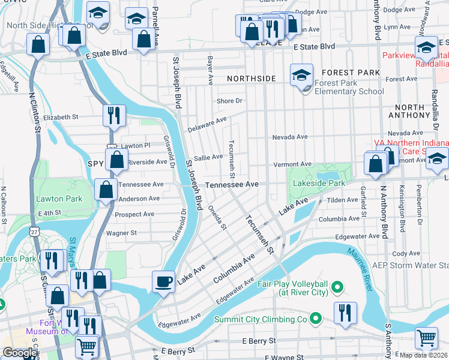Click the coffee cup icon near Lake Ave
coord(163,281)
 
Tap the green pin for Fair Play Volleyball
coord(337,288)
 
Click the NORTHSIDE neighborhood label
coord(251,79)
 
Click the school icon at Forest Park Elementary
coord(301,76)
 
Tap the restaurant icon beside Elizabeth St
coord(113,115)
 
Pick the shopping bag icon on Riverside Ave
coord(116,160)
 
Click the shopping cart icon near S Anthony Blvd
coord(426,337)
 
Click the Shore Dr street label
coord(229,101)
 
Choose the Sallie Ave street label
coord(208,157)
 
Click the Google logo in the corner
coord(19,353)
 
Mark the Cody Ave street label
coord(410,254)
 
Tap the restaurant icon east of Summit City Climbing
coord(345,313)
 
